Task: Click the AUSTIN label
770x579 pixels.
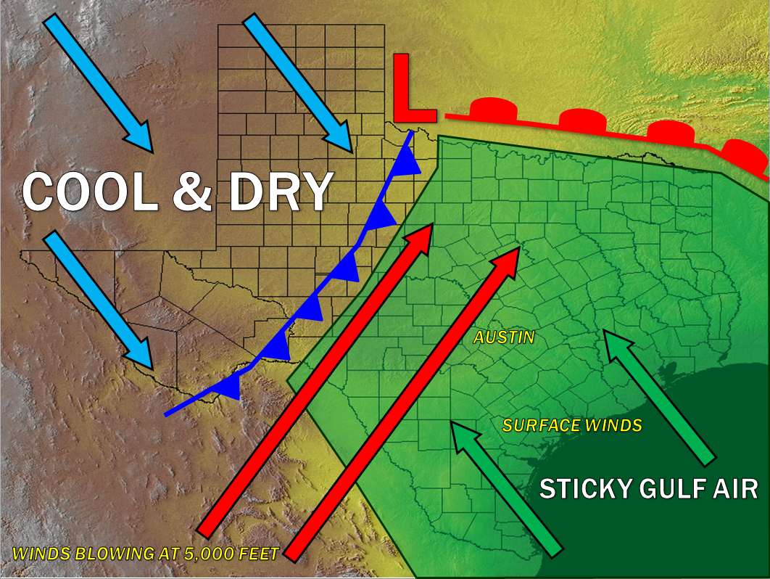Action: click(x=504, y=337)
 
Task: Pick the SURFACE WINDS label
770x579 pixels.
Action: click(x=572, y=425)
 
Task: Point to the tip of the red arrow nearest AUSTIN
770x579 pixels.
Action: click(x=516, y=250)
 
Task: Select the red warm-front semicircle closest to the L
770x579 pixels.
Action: click(x=494, y=110)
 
